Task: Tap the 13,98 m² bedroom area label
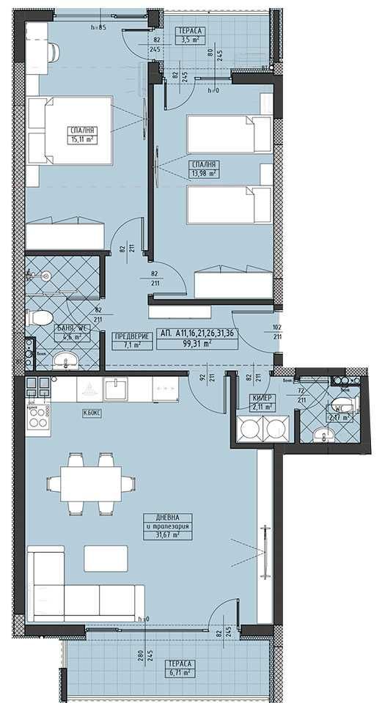click(x=202, y=174)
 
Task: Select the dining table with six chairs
click(x=89, y=485)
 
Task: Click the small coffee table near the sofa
click(x=106, y=558)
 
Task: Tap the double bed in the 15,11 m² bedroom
click(x=71, y=131)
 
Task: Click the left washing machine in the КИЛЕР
click(x=249, y=430)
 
